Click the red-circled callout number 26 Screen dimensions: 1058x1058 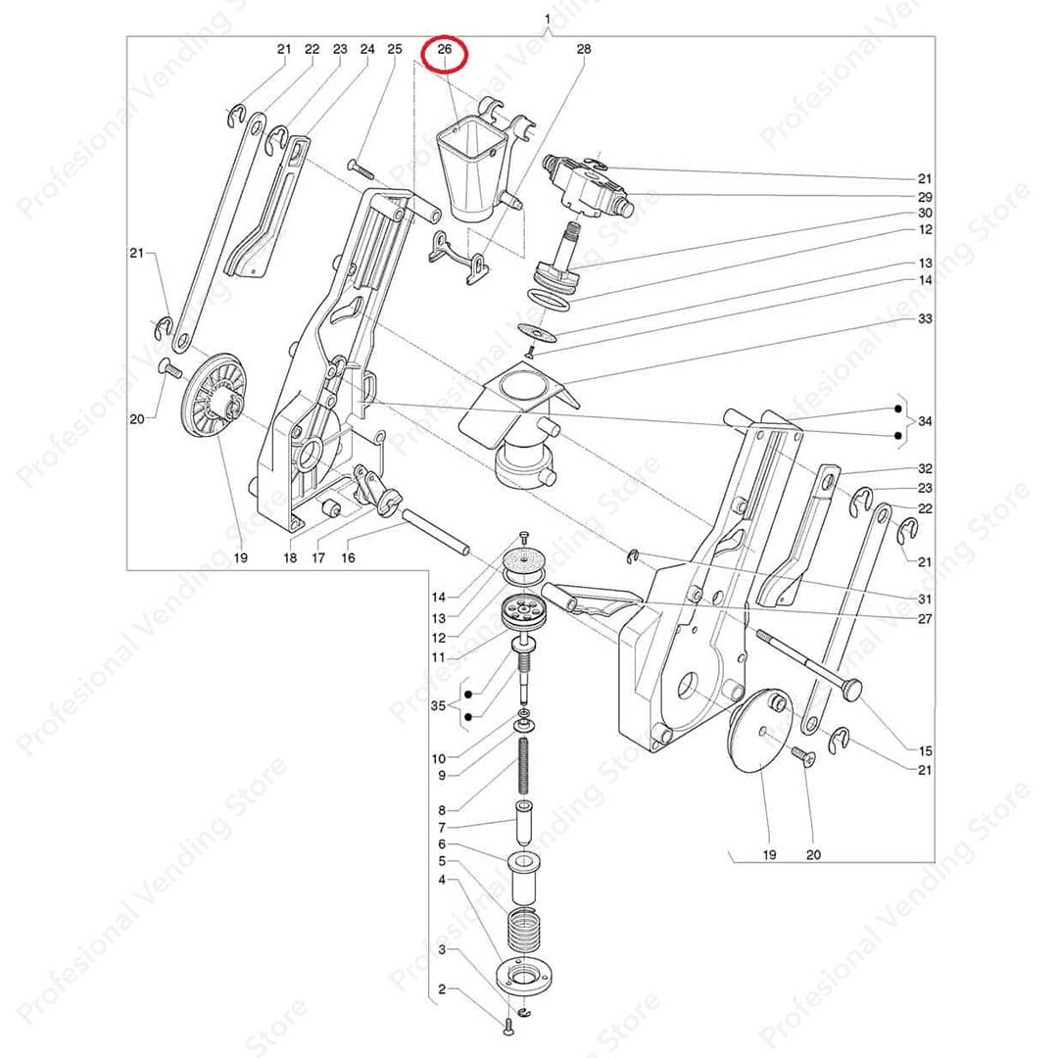[444, 49]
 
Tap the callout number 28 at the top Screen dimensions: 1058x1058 [584, 49]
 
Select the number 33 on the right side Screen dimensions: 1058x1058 [925, 318]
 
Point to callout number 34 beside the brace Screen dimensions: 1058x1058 [925, 421]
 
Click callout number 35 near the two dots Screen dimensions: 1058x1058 [438, 705]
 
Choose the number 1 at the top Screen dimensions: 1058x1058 [548, 19]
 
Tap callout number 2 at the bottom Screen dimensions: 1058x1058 [442, 989]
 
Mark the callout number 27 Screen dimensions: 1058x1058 [925, 619]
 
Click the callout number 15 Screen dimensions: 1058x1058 [925, 750]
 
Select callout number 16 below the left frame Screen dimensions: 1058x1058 [348, 558]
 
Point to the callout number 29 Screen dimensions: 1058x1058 [925, 197]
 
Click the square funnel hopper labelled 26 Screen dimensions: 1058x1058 [472, 172]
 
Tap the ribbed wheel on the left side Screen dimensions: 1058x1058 [214, 399]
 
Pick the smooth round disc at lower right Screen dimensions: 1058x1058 [761, 732]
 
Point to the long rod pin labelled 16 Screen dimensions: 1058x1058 [436, 533]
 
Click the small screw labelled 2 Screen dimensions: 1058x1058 [508, 1027]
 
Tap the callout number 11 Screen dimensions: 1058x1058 [438, 657]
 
